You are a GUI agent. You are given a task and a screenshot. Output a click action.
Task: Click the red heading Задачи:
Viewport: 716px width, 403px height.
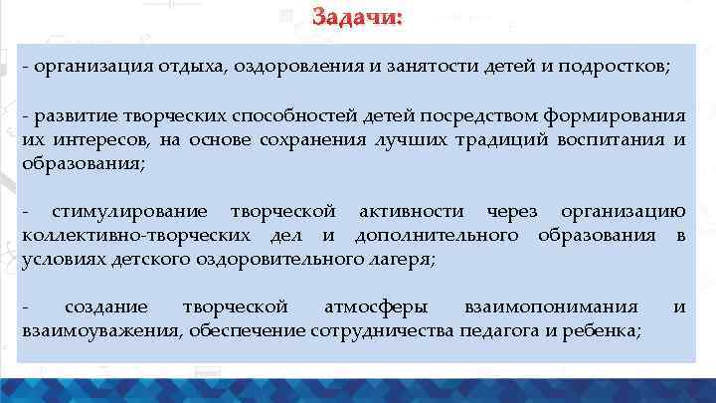[x=357, y=19]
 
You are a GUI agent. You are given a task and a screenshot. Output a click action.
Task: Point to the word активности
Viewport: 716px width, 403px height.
[x=417, y=212]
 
